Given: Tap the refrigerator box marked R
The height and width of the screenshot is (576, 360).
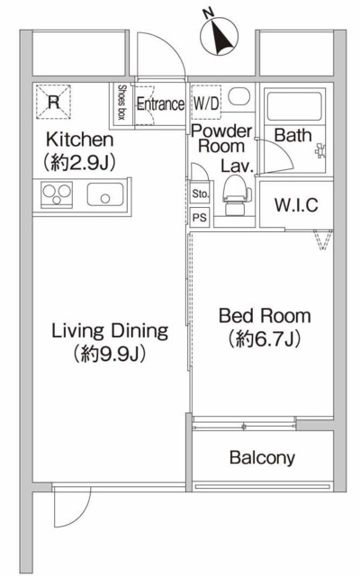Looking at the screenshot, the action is pyautogui.click(x=53, y=102).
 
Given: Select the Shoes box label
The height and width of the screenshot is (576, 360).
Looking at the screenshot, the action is pyautogui.click(x=121, y=102).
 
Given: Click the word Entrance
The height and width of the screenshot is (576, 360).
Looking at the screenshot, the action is pyautogui.click(x=160, y=104).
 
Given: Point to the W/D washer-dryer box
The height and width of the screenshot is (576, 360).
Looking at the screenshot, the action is pyautogui.click(x=206, y=103).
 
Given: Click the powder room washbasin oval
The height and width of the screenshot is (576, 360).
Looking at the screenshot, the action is pyautogui.click(x=239, y=96).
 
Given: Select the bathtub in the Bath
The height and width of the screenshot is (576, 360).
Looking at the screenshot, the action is pyautogui.click(x=294, y=106).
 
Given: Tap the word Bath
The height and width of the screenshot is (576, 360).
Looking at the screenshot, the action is pyautogui.click(x=292, y=135).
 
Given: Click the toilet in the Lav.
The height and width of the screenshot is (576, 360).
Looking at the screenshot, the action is pyautogui.click(x=236, y=194).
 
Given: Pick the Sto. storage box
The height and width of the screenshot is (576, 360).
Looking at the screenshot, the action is pyautogui.click(x=200, y=194).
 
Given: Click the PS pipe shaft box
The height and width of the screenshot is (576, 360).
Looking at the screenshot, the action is pyautogui.click(x=200, y=217).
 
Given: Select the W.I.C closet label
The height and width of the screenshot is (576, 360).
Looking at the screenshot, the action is pyautogui.click(x=296, y=205).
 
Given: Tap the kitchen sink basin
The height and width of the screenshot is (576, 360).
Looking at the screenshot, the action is pyautogui.click(x=105, y=194).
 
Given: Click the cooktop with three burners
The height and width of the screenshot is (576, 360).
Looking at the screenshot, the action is pyautogui.click(x=57, y=194).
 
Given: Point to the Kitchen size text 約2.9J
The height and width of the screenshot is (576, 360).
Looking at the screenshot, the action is pyautogui.click(x=79, y=162).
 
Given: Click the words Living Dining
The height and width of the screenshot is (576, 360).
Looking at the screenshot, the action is pyautogui.click(x=110, y=331).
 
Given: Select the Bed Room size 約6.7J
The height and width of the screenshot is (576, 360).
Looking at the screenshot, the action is pyautogui.click(x=265, y=338).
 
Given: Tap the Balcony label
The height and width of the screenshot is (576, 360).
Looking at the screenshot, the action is pyautogui.click(x=262, y=458).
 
